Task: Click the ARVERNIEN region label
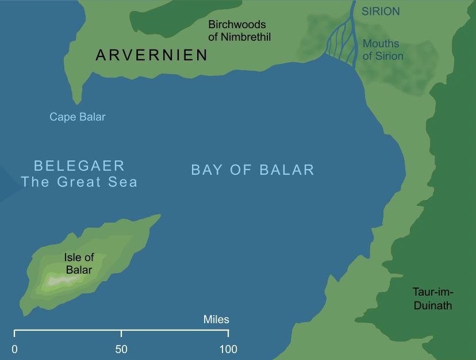152,55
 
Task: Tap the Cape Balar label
78,117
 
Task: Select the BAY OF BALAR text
252,170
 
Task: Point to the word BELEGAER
79,166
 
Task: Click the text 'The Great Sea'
79,182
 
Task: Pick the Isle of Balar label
79,264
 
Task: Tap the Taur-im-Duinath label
433,298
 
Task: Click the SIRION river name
381,12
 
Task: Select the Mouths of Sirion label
383,50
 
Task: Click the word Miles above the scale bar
216,320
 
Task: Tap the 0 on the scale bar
14,348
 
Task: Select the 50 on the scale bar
121,348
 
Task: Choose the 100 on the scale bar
228,348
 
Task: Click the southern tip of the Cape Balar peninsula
80,104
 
